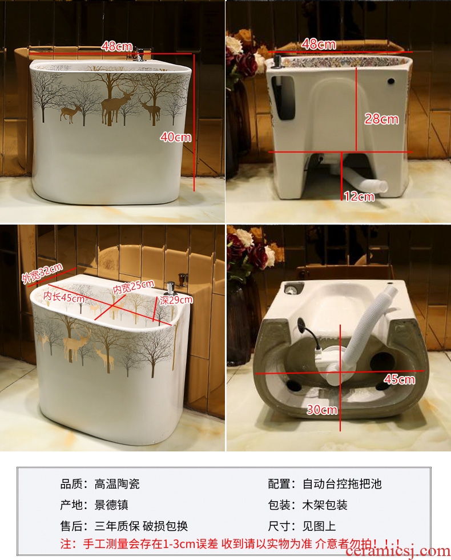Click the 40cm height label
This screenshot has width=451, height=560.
click(x=176, y=137)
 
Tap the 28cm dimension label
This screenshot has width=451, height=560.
click(x=381, y=119)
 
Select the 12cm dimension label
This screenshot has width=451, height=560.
click(x=359, y=196)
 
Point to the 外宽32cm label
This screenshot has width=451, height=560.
click(x=42, y=273)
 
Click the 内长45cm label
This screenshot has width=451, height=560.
click(x=64, y=297)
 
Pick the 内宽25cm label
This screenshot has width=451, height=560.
click(x=134, y=286)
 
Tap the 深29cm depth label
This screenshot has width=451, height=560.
click(x=176, y=299)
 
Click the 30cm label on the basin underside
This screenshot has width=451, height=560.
click(x=322, y=409)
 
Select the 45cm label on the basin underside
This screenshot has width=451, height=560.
click(x=399, y=379)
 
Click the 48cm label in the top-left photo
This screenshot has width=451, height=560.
click(x=116, y=46)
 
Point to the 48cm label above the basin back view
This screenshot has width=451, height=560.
click(x=319, y=44)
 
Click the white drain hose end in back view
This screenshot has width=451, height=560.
click(x=381, y=186)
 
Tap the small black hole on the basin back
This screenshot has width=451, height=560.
click(x=392, y=81)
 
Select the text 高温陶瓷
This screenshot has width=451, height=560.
click(x=117, y=484)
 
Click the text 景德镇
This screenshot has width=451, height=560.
click(x=111, y=505)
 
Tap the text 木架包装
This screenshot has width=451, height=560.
click(x=325, y=505)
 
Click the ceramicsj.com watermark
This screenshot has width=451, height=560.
click(x=398, y=552)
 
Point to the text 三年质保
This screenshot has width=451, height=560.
click(x=117, y=526)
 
